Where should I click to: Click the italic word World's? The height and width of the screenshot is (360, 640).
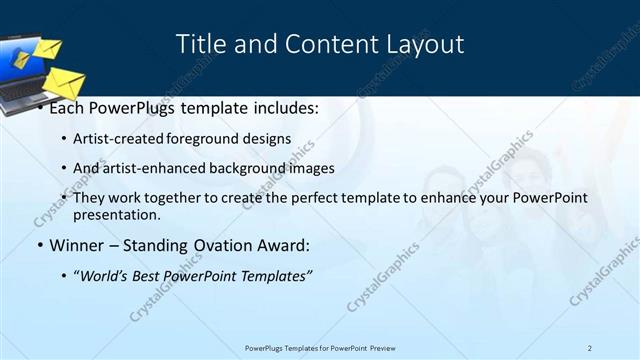point(106,275)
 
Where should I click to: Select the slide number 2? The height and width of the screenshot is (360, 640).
point(590,348)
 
